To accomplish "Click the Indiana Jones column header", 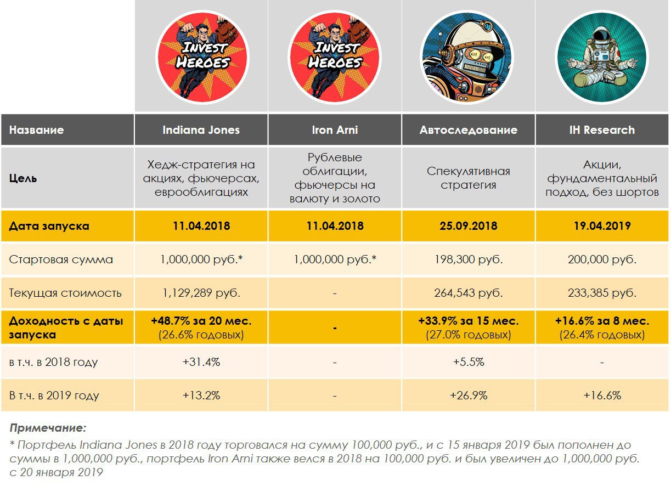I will click(x=201, y=130).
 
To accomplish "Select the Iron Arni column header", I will click(x=335, y=130).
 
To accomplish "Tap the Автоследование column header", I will click(x=468, y=130).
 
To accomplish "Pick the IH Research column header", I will click(x=601, y=130).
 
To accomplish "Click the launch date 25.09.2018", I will click(x=468, y=225).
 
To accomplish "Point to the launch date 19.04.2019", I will click(x=601, y=225).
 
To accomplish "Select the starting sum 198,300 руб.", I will click(x=468, y=259).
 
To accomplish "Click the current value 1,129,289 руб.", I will click(x=201, y=292).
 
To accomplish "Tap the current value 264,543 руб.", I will click(x=468, y=292).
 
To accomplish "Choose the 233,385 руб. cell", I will click(x=601, y=292).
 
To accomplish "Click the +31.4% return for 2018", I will click(x=201, y=362).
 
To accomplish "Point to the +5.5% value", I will click(x=468, y=362).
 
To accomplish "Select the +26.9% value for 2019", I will click(x=468, y=395).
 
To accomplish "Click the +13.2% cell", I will click(x=201, y=395).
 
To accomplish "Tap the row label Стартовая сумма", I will click(x=61, y=259).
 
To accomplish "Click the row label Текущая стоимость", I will click(x=65, y=292).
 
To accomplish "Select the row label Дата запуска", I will click(x=49, y=225).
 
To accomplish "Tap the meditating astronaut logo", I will click(x=601, y=57).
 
